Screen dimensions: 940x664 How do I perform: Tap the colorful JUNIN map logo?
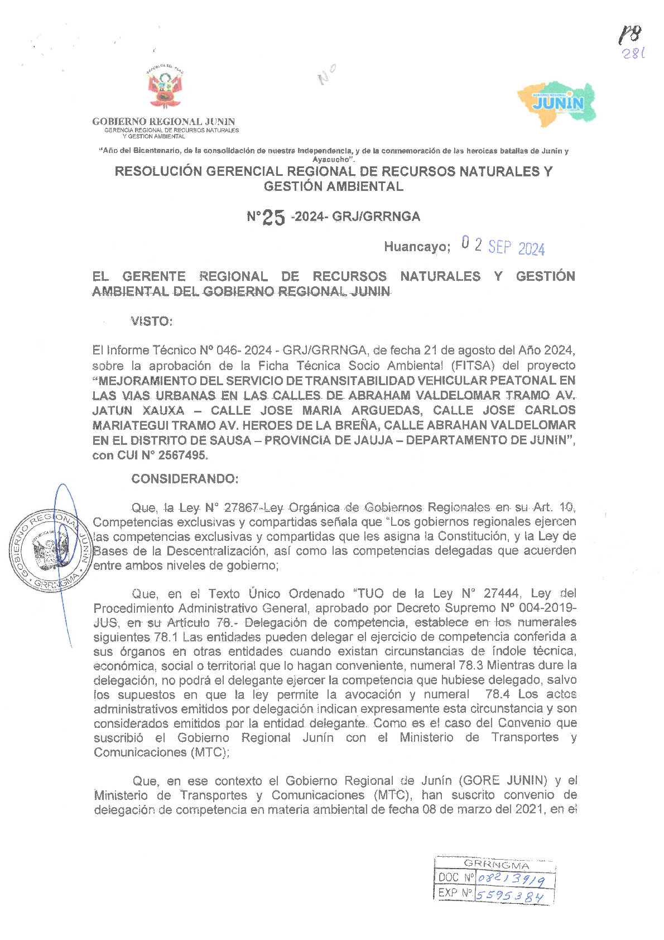click(557, 103)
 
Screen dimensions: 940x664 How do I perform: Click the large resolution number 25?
click(273, 218)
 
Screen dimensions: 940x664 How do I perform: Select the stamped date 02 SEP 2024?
click(503, 246)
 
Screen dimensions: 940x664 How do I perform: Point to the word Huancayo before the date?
click(416, 247)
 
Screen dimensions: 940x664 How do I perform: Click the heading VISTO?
click(151, 322)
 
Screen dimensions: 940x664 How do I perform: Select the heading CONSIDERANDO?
click(185, 479)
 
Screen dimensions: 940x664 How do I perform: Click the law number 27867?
click(240, 508)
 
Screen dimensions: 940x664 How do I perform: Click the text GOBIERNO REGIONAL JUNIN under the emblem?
click(163, 122)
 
